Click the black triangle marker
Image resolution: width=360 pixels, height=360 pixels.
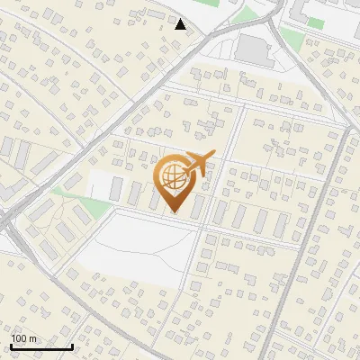click(181, 24)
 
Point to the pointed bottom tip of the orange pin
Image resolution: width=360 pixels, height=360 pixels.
click(174, 212)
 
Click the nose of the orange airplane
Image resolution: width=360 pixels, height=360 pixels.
click(213, 157)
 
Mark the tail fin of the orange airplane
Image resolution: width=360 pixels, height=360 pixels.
click(184, 167)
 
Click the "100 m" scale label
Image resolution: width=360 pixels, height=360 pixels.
click(24, 338)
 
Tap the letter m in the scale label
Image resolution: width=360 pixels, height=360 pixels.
click(32, 338)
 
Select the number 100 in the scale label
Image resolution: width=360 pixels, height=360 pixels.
click(20, 338)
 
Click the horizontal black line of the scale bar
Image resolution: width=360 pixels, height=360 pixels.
click(41, 346)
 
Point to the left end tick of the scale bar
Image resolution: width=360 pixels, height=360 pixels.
click(11, 345)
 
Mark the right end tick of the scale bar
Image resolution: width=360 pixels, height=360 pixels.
click(72, 345)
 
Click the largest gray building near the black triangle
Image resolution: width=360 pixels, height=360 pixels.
click(255, 50)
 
